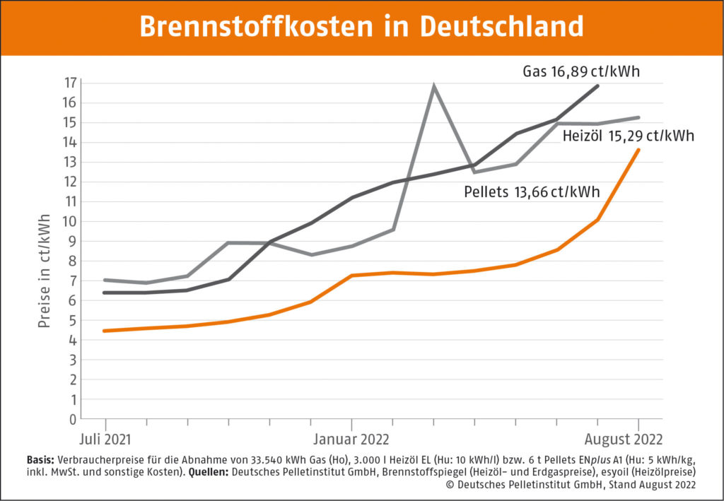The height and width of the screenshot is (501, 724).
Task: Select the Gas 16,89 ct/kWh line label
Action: pos(581,71)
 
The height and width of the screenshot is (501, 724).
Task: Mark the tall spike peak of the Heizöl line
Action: pos(433,86)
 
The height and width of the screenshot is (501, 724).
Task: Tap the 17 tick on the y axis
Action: pos(69,83)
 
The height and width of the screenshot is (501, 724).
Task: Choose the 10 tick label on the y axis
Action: pos(69,221)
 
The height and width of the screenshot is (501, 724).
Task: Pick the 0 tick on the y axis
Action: pos(72,418)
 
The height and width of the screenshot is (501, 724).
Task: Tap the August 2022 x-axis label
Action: pos(624,439)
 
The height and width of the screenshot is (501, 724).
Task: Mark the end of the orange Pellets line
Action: pos(639,150)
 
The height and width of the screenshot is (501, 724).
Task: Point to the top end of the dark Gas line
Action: pos(598,86)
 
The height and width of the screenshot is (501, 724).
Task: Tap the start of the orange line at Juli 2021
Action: pos(105,331)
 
